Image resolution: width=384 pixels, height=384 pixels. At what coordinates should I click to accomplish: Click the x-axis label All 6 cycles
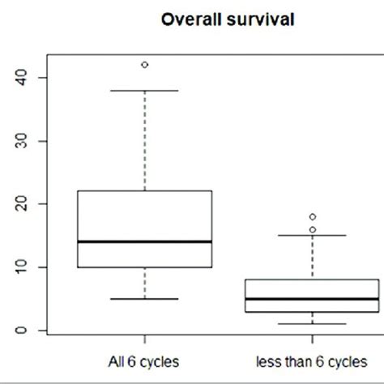point(145,360)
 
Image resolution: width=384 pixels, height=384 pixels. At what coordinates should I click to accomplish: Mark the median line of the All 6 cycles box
point(145,241)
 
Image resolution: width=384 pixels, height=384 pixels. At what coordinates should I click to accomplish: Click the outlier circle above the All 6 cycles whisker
point(145,65)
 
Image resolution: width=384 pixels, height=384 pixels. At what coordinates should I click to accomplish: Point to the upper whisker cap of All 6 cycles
point(145,91)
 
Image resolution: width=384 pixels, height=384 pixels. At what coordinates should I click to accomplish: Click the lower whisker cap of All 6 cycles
point(145,298)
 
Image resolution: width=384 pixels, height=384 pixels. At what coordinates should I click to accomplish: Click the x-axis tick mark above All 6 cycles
point(145,337)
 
